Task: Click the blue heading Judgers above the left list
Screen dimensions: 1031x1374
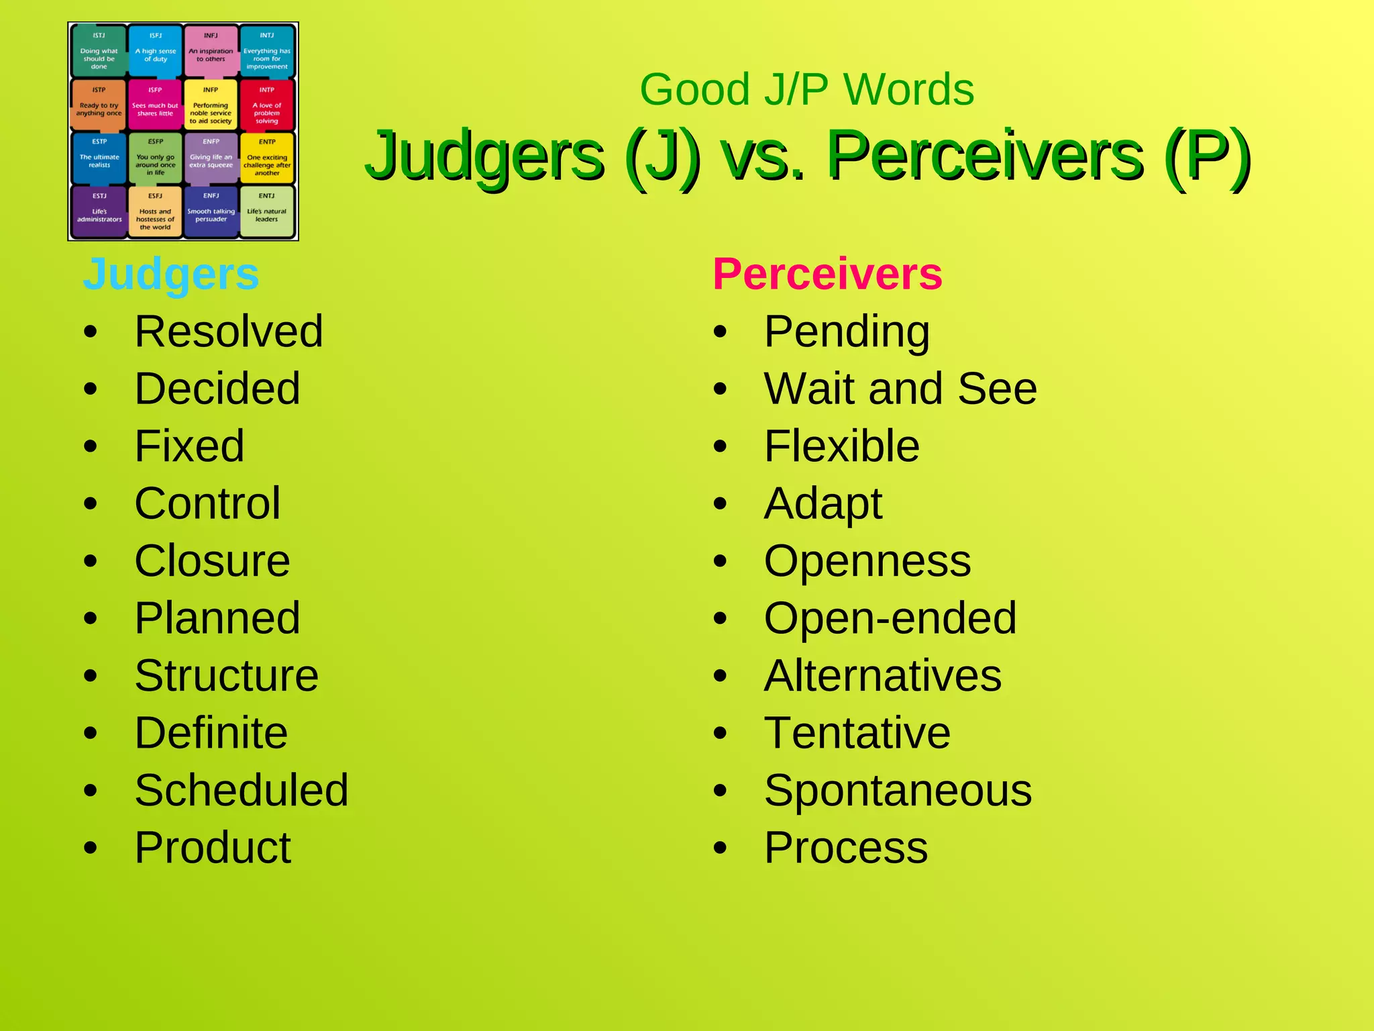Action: [x=170, y=275]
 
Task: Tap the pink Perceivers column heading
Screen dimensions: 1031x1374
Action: [x=827, y=275]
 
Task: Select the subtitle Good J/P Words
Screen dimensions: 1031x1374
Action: [x=806, y=89]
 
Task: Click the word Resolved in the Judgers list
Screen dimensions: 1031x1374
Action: [x=229, y=332]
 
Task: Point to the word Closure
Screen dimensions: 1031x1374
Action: [x=212, y=561]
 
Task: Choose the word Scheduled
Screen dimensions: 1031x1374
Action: [x=242, y=790]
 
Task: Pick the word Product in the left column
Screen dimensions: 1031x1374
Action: [x=213, y=848]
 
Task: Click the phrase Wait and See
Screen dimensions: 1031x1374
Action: [x=900, y=389]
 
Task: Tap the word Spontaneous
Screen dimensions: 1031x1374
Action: [x=898, y=790]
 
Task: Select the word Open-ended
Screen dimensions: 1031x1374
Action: [x=890, y=618]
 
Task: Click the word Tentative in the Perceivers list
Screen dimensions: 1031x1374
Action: [x=857, y=733]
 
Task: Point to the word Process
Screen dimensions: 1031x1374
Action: [x=846, y=848]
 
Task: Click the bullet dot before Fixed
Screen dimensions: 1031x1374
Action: [x=91, y=447]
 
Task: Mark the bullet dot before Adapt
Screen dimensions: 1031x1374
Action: [x=720, y=504]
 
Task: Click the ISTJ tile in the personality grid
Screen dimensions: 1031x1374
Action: [x=99, y=52]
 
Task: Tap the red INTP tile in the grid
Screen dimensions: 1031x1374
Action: [x=267, y=106]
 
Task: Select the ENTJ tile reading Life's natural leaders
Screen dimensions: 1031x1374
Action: [x=267, y=211]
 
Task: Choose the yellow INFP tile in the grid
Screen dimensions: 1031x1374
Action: [x=211, y=106]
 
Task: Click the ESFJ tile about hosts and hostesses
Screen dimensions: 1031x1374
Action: [x=155, y=211]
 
